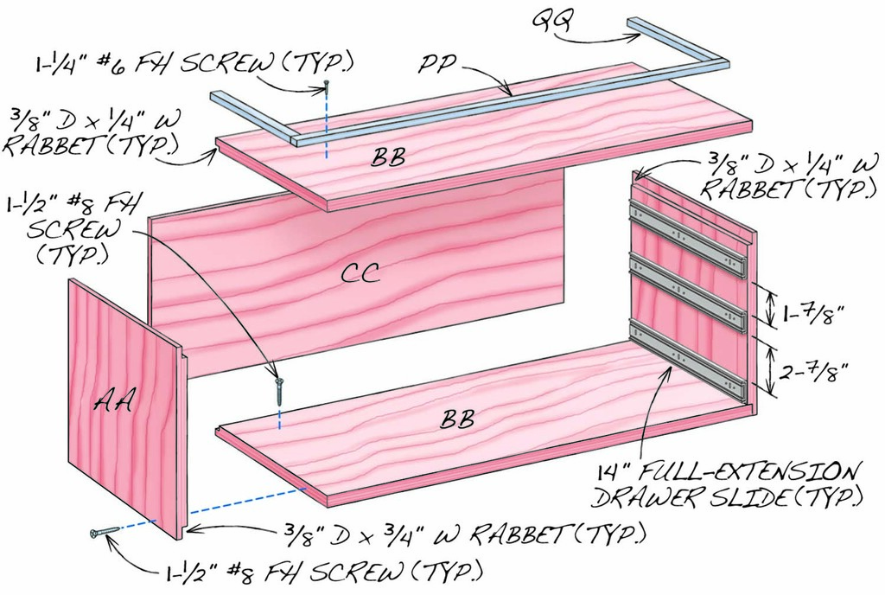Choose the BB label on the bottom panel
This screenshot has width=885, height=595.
tap(458, 420)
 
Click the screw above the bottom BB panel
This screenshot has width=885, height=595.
tap(279, 388)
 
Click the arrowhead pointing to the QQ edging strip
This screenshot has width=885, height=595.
tap(637, 37)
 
